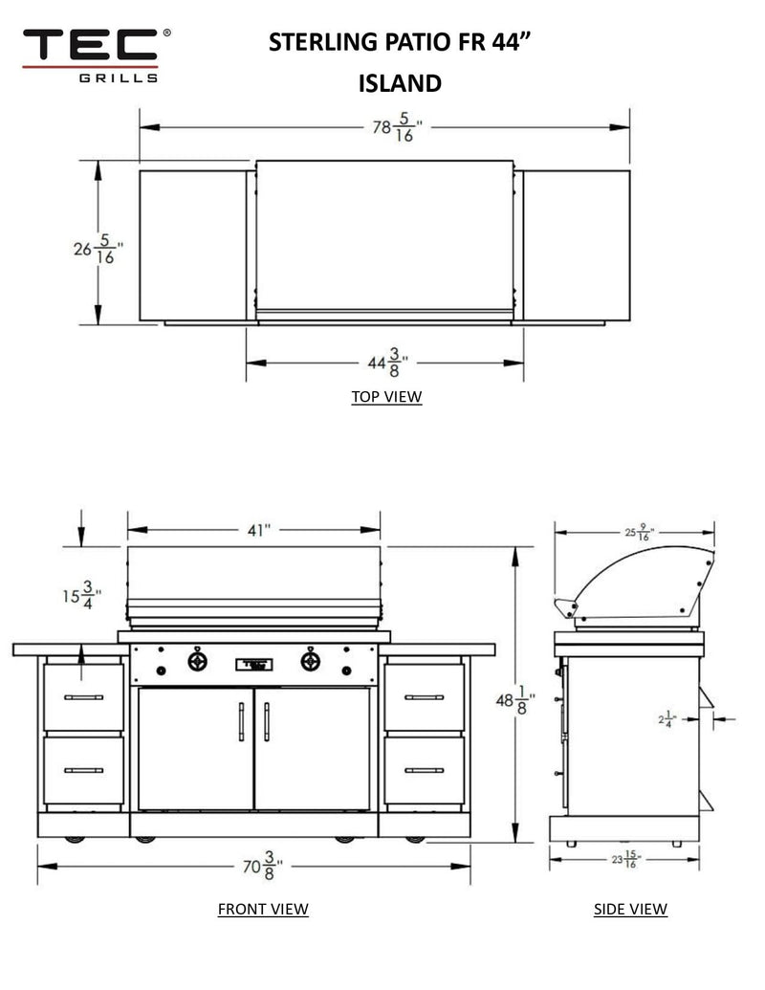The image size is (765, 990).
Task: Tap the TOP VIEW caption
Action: click(385, 397)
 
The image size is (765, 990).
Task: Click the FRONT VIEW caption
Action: click(263, 909)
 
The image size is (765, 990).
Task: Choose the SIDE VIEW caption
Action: click(630, 909)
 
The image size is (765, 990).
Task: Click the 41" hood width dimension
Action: click(254, 531)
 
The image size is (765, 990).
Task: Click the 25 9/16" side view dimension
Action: click(635, 531)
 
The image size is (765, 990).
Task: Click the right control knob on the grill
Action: click(311, 661)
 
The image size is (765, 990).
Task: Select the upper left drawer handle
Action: click(83, 697)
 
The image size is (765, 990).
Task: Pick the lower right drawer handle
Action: click(424, 770)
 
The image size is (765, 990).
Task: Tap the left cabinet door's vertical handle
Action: click(240, 721)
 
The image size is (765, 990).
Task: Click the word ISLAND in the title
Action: click(400, 83)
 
